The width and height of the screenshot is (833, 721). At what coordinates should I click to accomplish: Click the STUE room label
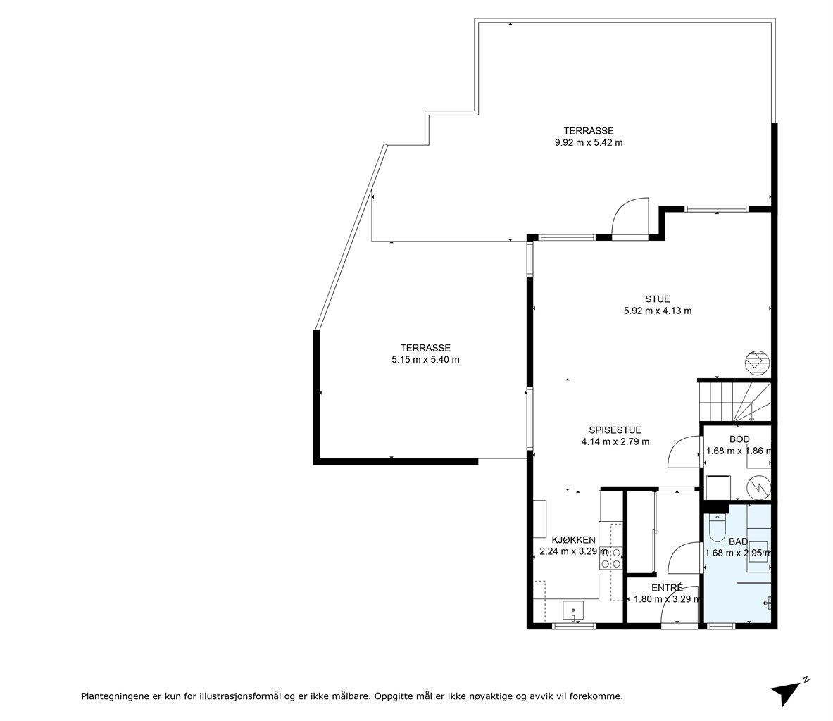click(x=657, y=299)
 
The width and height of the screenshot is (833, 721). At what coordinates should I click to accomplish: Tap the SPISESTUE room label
click(x=615, y=430)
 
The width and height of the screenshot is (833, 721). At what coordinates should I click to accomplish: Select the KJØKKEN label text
click(x=573, y=540)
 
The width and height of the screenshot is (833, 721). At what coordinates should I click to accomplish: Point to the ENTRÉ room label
click(x=667, y=588)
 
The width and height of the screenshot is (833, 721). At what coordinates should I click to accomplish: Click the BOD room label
click(x=739, y=439)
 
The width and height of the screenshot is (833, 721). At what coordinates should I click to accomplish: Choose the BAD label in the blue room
click(x=738, y=542)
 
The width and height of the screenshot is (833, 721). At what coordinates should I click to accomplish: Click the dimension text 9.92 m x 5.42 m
click(x=589, y=142)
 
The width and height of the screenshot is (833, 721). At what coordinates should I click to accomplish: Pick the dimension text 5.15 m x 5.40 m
click(x=425, y=360)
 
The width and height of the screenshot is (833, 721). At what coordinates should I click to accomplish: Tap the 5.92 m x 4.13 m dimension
click(x=658, y=311)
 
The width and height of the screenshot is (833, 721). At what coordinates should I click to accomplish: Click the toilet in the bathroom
click(x=718, y=526)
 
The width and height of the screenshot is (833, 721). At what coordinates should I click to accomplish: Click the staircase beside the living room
click(x=734, y=401)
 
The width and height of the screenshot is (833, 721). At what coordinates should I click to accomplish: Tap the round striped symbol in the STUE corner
click(x=756, y=362)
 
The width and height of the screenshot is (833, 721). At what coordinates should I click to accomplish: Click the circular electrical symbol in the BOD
click(x=758, y=487)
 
